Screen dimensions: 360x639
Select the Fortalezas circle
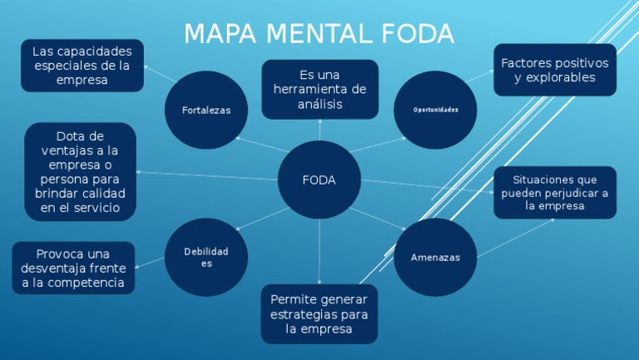point(206,111)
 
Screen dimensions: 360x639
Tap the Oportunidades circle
point(435,110)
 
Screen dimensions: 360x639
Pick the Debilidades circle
point(206,257)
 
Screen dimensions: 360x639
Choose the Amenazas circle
point(435,258)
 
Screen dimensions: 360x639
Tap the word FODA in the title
point(419,35)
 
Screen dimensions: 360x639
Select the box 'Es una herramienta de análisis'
point(319,90)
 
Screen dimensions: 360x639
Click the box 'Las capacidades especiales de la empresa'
point(82,66)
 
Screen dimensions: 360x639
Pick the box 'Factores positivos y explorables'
point(555,71)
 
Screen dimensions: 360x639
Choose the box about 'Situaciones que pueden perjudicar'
point(555,193)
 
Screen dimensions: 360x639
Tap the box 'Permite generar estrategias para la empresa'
point(319,314)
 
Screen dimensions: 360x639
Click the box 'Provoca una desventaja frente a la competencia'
point(73,268)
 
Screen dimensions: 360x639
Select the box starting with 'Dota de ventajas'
point(80,172)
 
